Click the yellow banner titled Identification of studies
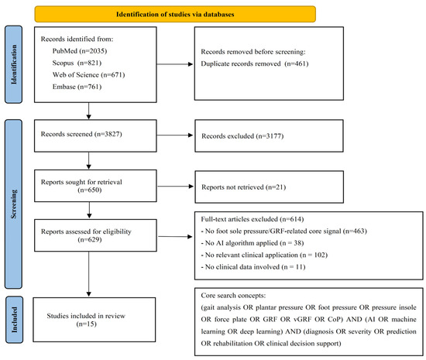click(x=175, y=14)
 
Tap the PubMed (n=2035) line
click(x=80, y=51)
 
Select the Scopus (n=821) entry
click(x=77, y=63)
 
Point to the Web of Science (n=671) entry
click(x=88, y=75)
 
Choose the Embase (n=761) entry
click(x=77, y=87)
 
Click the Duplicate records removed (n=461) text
click(x=255, y=63)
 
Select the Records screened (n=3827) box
click(x=95, y=135)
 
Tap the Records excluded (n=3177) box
click(x=269, y=135)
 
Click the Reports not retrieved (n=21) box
click(x=269, y=187)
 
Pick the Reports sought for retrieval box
click(x=95, y=186)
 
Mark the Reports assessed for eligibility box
click(x=95, y=235)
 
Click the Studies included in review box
click(x=94, y=320)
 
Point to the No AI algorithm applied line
click(x=253, y=243)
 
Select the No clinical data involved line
click(x=253, y=267)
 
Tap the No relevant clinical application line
click(x=264, y=255)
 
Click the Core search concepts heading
click(x=233, y=296)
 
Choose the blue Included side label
click(x=15, y=320)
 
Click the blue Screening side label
click(x=13, y=204)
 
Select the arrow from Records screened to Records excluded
click(x=175, y=135)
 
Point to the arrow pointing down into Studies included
click(x=89, y=274)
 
